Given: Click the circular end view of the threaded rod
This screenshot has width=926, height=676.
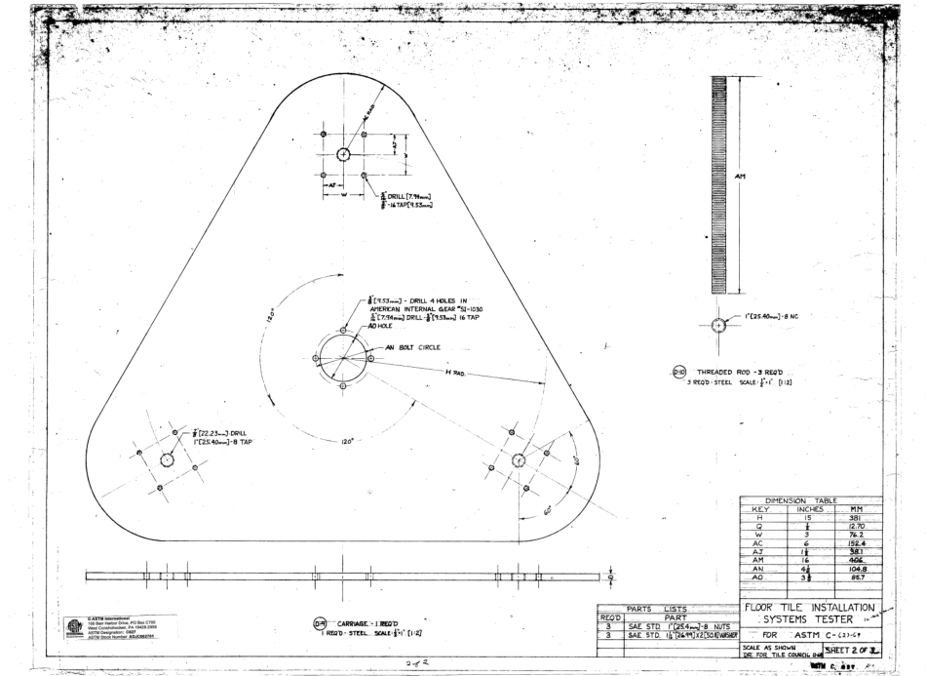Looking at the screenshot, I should tap(719, 324).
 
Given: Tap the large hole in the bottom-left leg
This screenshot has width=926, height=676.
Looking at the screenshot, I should tap(167, 457).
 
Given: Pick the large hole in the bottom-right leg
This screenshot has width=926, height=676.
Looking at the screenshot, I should tap(519, 459).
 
